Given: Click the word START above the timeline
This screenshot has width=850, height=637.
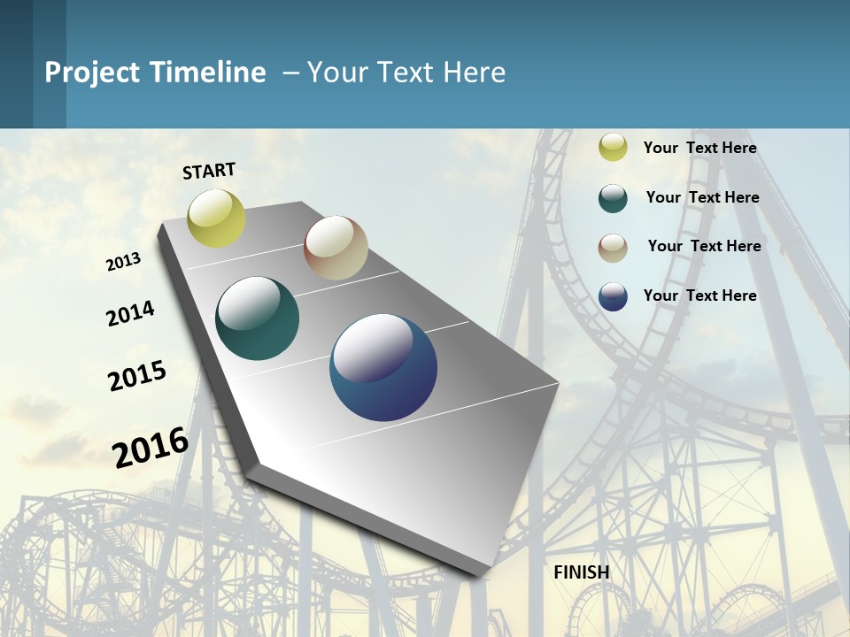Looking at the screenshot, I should pos(209,171).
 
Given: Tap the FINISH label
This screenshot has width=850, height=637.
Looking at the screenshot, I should pos(582,572).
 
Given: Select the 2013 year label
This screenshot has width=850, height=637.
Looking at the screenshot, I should pos(123,261).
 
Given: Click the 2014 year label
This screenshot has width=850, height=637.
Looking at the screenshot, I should pos(130,313).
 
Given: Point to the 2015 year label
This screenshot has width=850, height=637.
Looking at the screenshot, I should pos(137,375).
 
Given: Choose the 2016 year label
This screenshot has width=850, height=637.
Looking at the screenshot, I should pos(151,447).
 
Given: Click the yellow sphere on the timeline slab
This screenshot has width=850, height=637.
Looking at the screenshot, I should pos(216,218).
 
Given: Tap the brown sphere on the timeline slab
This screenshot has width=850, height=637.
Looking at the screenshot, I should pos(336,248).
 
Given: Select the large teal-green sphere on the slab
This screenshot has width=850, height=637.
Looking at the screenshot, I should pos(257,318).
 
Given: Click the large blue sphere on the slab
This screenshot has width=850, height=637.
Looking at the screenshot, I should pos(383,367).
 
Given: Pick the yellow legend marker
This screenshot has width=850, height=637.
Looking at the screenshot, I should pos(613,148).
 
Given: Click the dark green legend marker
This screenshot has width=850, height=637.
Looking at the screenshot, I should pos(613,198).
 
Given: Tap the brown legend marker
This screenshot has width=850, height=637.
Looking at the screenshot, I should pos(613,248).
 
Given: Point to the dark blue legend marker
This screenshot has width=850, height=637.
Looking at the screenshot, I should pos(613,296).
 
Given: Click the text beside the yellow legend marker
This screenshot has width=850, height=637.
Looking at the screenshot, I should pos(699,148).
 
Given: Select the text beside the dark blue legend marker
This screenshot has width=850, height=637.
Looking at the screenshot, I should pos(699,295).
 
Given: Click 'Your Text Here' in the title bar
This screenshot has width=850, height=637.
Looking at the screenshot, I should pos(406,73).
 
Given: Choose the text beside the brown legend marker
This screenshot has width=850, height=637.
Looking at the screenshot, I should pos(704,246).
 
